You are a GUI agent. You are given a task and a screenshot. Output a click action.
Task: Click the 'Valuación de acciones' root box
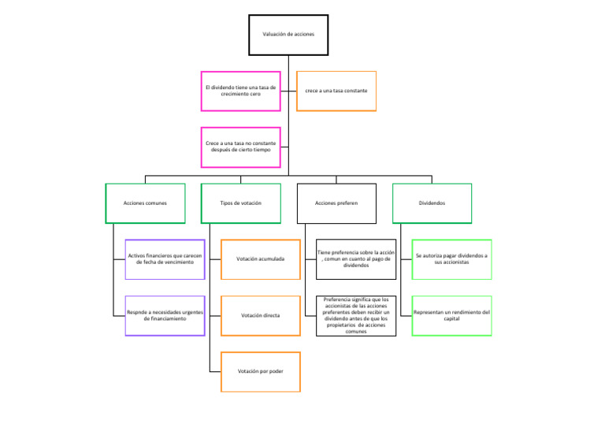pos(288,35)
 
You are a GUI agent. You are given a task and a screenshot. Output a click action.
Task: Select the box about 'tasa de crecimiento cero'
pos(240,90)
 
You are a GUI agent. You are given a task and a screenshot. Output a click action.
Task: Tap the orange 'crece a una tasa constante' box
pos(336,91)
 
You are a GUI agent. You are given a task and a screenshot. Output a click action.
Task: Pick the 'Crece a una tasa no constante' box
pos(240,147)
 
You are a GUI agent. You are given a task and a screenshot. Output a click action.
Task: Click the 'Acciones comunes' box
pos(145,203)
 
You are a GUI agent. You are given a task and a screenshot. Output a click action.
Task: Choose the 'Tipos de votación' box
pos(240,203)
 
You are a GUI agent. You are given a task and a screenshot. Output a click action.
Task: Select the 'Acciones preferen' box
pos(336,203)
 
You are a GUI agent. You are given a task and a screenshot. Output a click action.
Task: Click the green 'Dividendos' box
pos(432,203)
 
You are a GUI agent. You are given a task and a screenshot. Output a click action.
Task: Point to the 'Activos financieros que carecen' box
pos(165,259)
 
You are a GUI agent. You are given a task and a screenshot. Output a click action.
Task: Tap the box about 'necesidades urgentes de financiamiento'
pos(165,315)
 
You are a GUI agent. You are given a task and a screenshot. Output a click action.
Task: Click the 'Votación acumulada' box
pos(261,259)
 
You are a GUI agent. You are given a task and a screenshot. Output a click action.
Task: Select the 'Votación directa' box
pos(261,315)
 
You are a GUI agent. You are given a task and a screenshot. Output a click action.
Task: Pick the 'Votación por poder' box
pos(261,371)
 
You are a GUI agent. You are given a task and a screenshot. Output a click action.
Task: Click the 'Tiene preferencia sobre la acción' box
pos(356,259)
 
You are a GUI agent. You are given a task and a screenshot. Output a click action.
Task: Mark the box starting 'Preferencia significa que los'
pos(356,315)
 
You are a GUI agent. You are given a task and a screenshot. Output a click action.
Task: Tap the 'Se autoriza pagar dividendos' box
pos(451,259)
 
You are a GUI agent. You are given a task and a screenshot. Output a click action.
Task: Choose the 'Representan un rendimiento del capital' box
pos(451,315)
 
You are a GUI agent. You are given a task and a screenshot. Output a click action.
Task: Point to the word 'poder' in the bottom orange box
pos(275,371)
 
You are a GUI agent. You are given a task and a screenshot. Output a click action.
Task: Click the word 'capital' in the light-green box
pos(451,319)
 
